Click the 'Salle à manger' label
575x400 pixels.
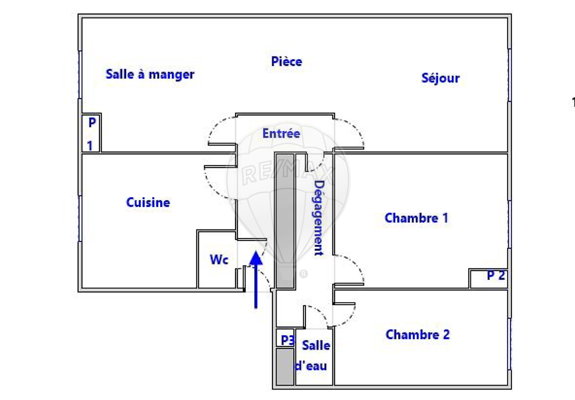point(150,74)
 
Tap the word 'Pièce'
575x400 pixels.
point(286,61)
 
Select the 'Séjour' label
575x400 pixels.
point(440,78)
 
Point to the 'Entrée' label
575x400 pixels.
point(281,133)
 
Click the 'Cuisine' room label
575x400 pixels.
point(148,202)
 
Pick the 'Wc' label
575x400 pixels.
point(219,259)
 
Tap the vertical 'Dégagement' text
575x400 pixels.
point(318,217)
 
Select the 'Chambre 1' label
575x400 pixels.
point(416,218)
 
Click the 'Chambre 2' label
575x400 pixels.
point(417,334)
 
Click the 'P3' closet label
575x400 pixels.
point(287,340)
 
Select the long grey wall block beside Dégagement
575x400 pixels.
point(285,220)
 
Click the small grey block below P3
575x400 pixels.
point(284,366)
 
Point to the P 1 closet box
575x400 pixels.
point(91,133)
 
